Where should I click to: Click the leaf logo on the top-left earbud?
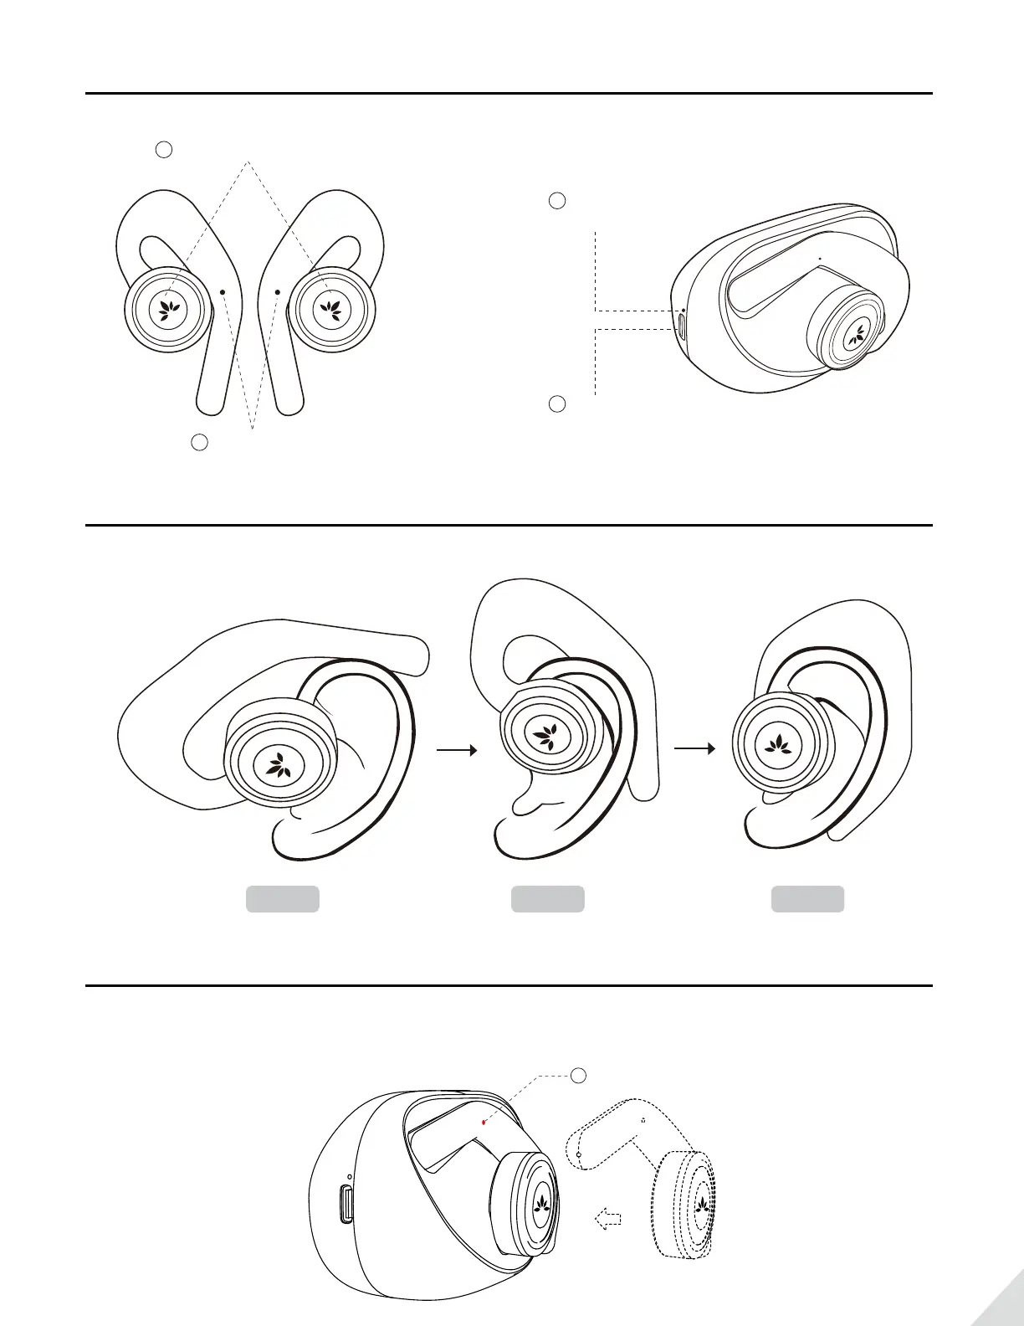tap(166, 309)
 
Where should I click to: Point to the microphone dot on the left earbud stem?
tap(223, 291)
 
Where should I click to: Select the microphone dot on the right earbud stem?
tap(277, 291)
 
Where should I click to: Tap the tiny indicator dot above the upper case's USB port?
tap(684, 311)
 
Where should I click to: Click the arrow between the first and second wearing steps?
tap(457, 751)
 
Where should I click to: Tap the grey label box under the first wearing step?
tap(282, 899)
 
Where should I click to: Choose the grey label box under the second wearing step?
tap(548, 899)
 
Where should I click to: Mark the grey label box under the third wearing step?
tap(807, 899)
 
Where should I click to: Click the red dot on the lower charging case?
tap(484, 1119)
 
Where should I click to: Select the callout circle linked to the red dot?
tap(578, 1074)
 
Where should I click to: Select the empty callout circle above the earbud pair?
tap(164, 150)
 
